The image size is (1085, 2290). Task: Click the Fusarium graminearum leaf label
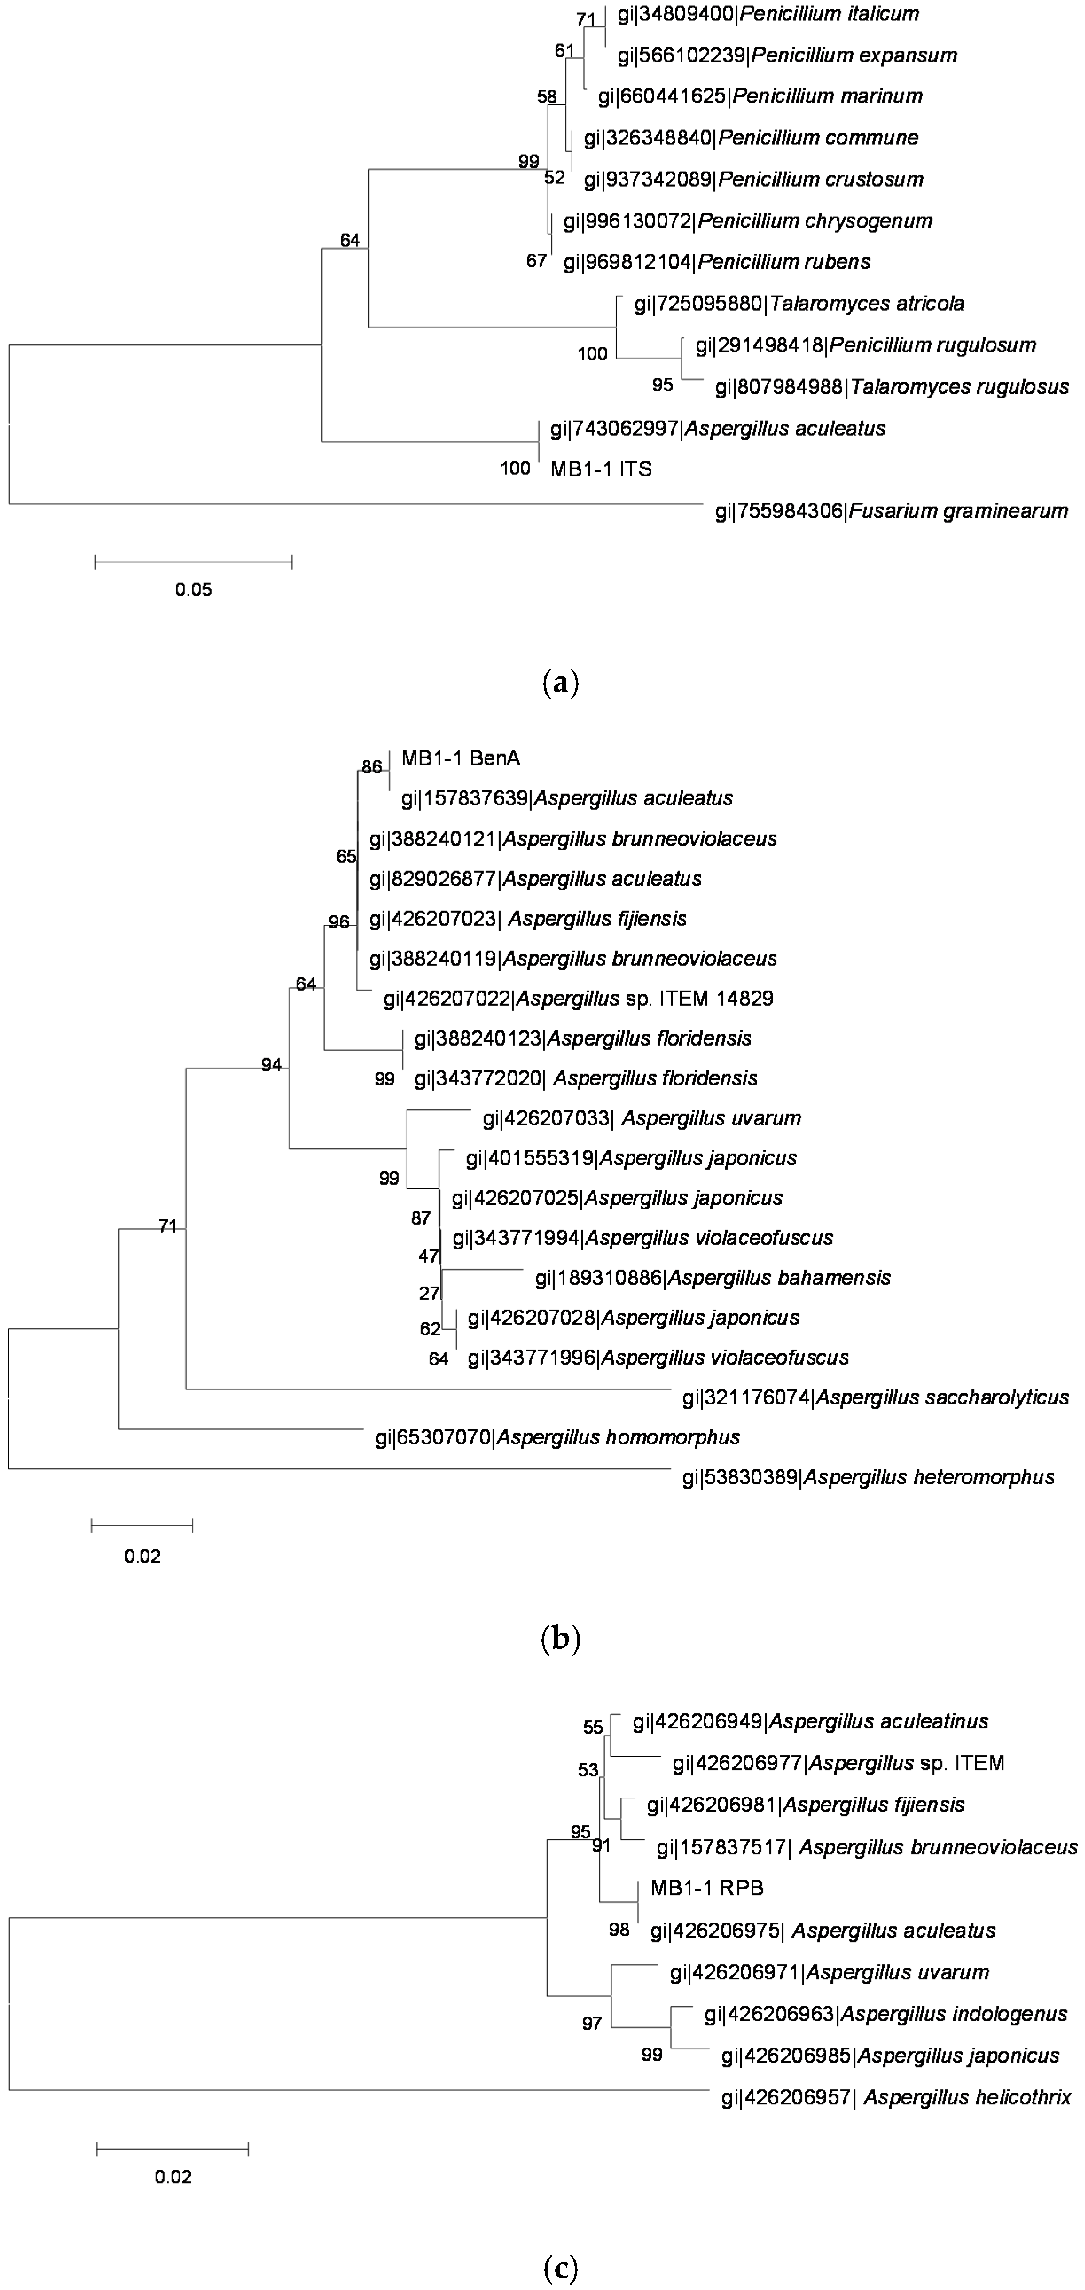coord(891,511)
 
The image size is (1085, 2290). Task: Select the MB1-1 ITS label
coord(601,469)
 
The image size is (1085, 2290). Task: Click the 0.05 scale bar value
coord(193,589)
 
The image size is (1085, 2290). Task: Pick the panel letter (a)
coord(560,683)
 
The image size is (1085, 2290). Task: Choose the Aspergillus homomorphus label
coord(558,1437)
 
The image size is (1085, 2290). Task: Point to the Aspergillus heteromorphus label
coord(868,1478)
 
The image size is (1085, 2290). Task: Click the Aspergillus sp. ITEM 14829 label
coord(578,999)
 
